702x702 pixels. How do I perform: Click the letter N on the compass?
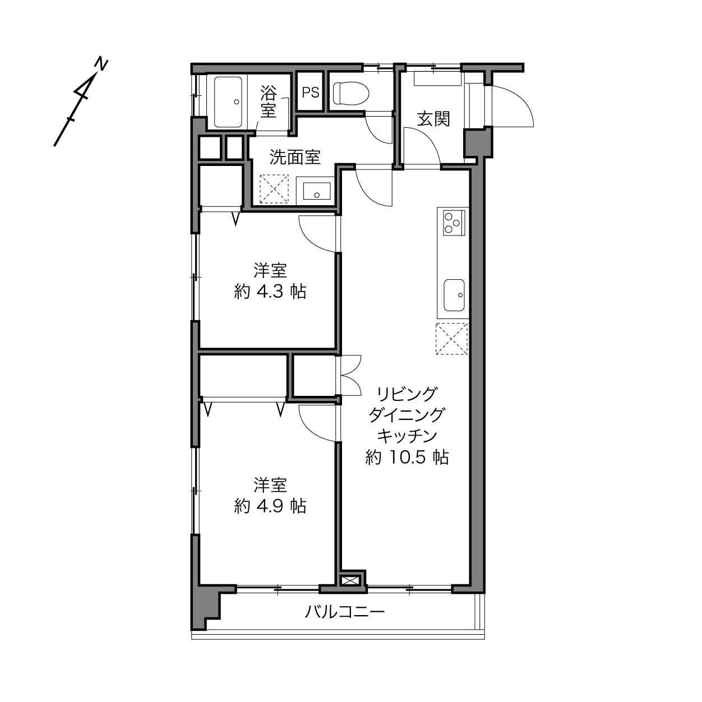click(x=101, y=64)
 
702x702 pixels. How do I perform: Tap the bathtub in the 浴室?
click(x=228, y=102)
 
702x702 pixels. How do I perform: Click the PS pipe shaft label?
click(x=311, y=93)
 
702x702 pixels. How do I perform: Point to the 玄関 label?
click(x=433, y=119)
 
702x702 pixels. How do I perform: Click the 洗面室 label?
click(x=295, y=157)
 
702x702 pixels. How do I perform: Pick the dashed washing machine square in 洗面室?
click(x=274, y=189)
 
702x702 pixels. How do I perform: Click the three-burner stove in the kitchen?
click(x=454, y=222)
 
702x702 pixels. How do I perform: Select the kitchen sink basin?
click(x=454, y=295)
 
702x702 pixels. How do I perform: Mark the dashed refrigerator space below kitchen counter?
click(x=451, y=339)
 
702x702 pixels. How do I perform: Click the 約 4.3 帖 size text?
click(x=270, y=292)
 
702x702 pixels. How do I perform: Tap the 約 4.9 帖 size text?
click(x=270, y=506)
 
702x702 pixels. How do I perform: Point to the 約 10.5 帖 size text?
click(x=407, y=457)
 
